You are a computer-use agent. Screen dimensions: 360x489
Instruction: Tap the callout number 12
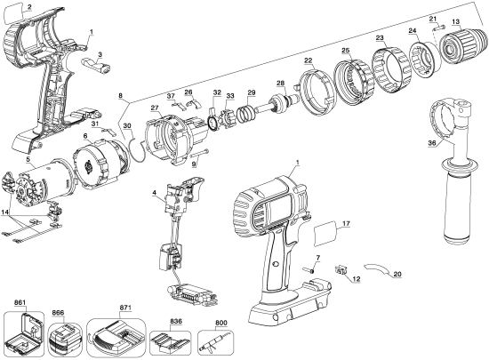(356, 280)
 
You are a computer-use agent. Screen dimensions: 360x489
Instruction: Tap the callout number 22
(308, 60)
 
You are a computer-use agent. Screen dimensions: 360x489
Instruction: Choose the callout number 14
(6, 214)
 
